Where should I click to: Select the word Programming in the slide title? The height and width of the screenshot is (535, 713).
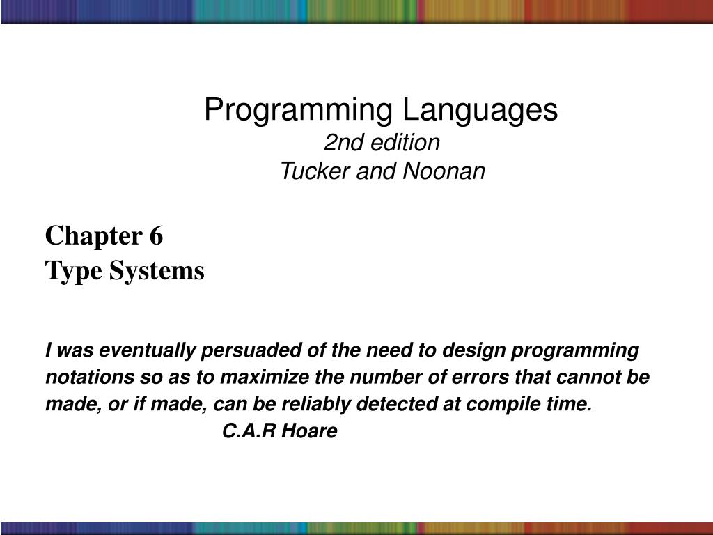tap(298, 110)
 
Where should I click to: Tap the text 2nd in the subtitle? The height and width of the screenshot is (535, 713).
tap(340, 143)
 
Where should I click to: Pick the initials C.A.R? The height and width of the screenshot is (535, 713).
tap(249, 432)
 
